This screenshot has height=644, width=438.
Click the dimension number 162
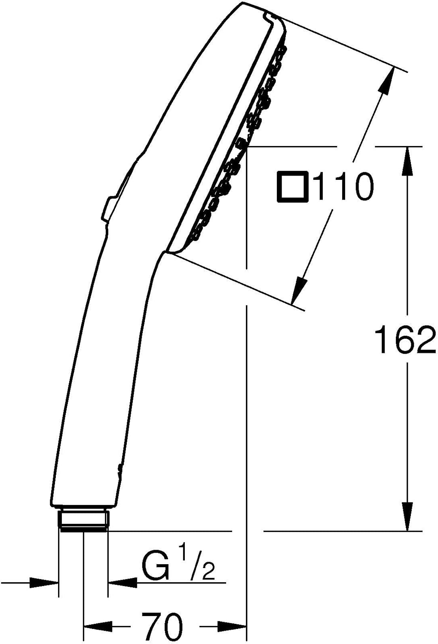[x=405, y=340]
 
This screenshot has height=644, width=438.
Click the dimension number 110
[x=343, y=187]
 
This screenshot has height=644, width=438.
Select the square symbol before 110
[x=293, y=187]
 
